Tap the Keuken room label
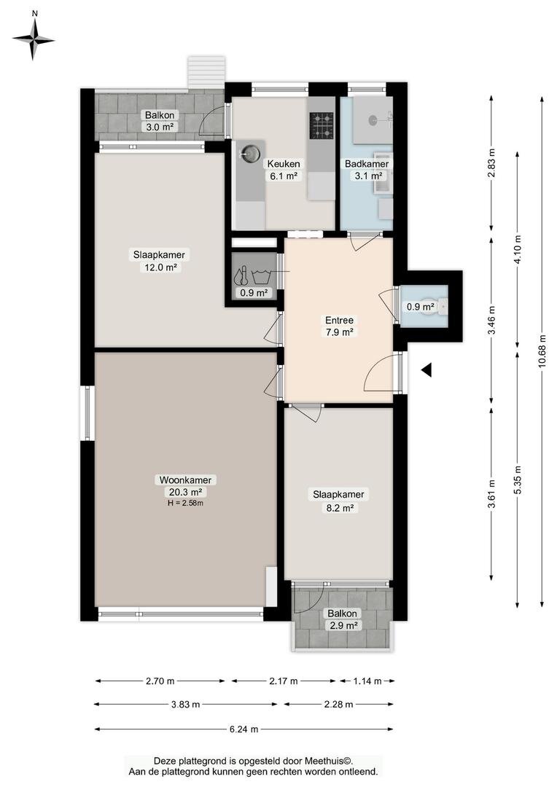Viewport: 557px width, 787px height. click(284, 164)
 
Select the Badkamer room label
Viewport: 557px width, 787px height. click(367, 164)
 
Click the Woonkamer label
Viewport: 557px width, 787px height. click(185, 479)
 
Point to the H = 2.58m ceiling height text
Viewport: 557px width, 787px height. click(185, 503)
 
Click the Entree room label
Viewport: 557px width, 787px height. click(339, 320)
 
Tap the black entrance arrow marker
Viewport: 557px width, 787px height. click(426, 370)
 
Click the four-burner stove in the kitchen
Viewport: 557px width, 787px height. click(322, 125)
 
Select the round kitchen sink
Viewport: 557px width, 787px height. click(250, 151)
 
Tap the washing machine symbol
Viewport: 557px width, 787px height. click(261, 276)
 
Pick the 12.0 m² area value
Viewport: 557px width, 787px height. click(160, 267)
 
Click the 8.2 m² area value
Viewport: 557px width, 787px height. click(340, 508)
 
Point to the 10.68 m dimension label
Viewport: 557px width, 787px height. click(542, 351)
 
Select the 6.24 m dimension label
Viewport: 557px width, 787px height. click(244, 729)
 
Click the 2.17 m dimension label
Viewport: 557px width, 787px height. click(284, 681)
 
